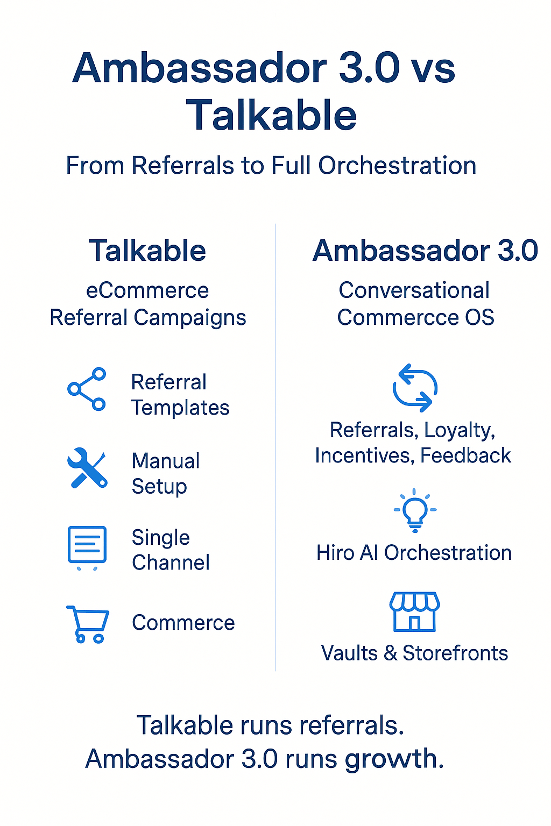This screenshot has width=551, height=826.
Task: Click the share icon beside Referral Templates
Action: click(87, 389)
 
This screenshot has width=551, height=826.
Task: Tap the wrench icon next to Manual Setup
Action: click(87, 468)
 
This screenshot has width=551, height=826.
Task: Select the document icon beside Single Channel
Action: click(87, 545)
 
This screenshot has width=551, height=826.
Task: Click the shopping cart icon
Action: click(87, 624)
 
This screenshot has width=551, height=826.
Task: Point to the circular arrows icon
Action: click(414, 388)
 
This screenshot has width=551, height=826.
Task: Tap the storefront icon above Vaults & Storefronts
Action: click(414, 612)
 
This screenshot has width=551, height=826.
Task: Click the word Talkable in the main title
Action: click(271, 115)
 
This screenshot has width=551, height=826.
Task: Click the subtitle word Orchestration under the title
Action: click(397, 166)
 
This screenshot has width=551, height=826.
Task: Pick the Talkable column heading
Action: click(147, 251)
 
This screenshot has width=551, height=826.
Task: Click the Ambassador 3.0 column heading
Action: click(425, 251)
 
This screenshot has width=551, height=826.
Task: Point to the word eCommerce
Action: click(147, 290)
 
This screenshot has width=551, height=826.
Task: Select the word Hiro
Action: click(335, 553)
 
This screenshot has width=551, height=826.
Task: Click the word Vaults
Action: click(349, 653)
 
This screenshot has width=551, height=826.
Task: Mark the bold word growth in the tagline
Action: click(391, 759)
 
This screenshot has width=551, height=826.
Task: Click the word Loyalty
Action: click(459, 430)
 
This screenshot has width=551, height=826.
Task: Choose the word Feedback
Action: click(465, 455)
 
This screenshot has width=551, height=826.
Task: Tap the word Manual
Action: click(166, 461)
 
